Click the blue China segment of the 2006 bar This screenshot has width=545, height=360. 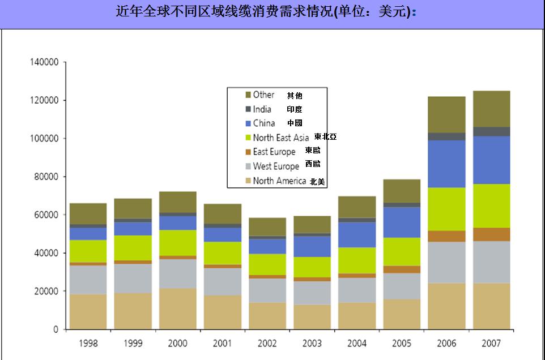tap(446, 164)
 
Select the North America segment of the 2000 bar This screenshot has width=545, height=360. tap(177, 308)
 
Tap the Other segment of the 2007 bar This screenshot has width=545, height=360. tap(491, 109)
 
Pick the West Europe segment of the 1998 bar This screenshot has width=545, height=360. tap(88, 280)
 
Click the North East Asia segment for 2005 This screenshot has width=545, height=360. tap(402, 251)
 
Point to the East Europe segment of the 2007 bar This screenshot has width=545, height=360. tap(491, 234)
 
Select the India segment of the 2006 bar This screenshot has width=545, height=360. tap(446, 136)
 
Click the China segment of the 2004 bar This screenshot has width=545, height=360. tap(357, 235)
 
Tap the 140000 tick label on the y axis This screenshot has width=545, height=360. tap(44, 62)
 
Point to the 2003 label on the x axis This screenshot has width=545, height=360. tap(312, 344)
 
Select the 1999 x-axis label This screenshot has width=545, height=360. tap(133, 344)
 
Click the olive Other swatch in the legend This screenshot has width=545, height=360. tap(248, 95)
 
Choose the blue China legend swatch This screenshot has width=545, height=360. tap(248, 123)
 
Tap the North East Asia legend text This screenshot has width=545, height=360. tap(281, 138)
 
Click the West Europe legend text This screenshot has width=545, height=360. tap(276, 166)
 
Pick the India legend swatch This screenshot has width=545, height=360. tap(248, 109)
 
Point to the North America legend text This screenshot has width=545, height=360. tap(279, 181)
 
